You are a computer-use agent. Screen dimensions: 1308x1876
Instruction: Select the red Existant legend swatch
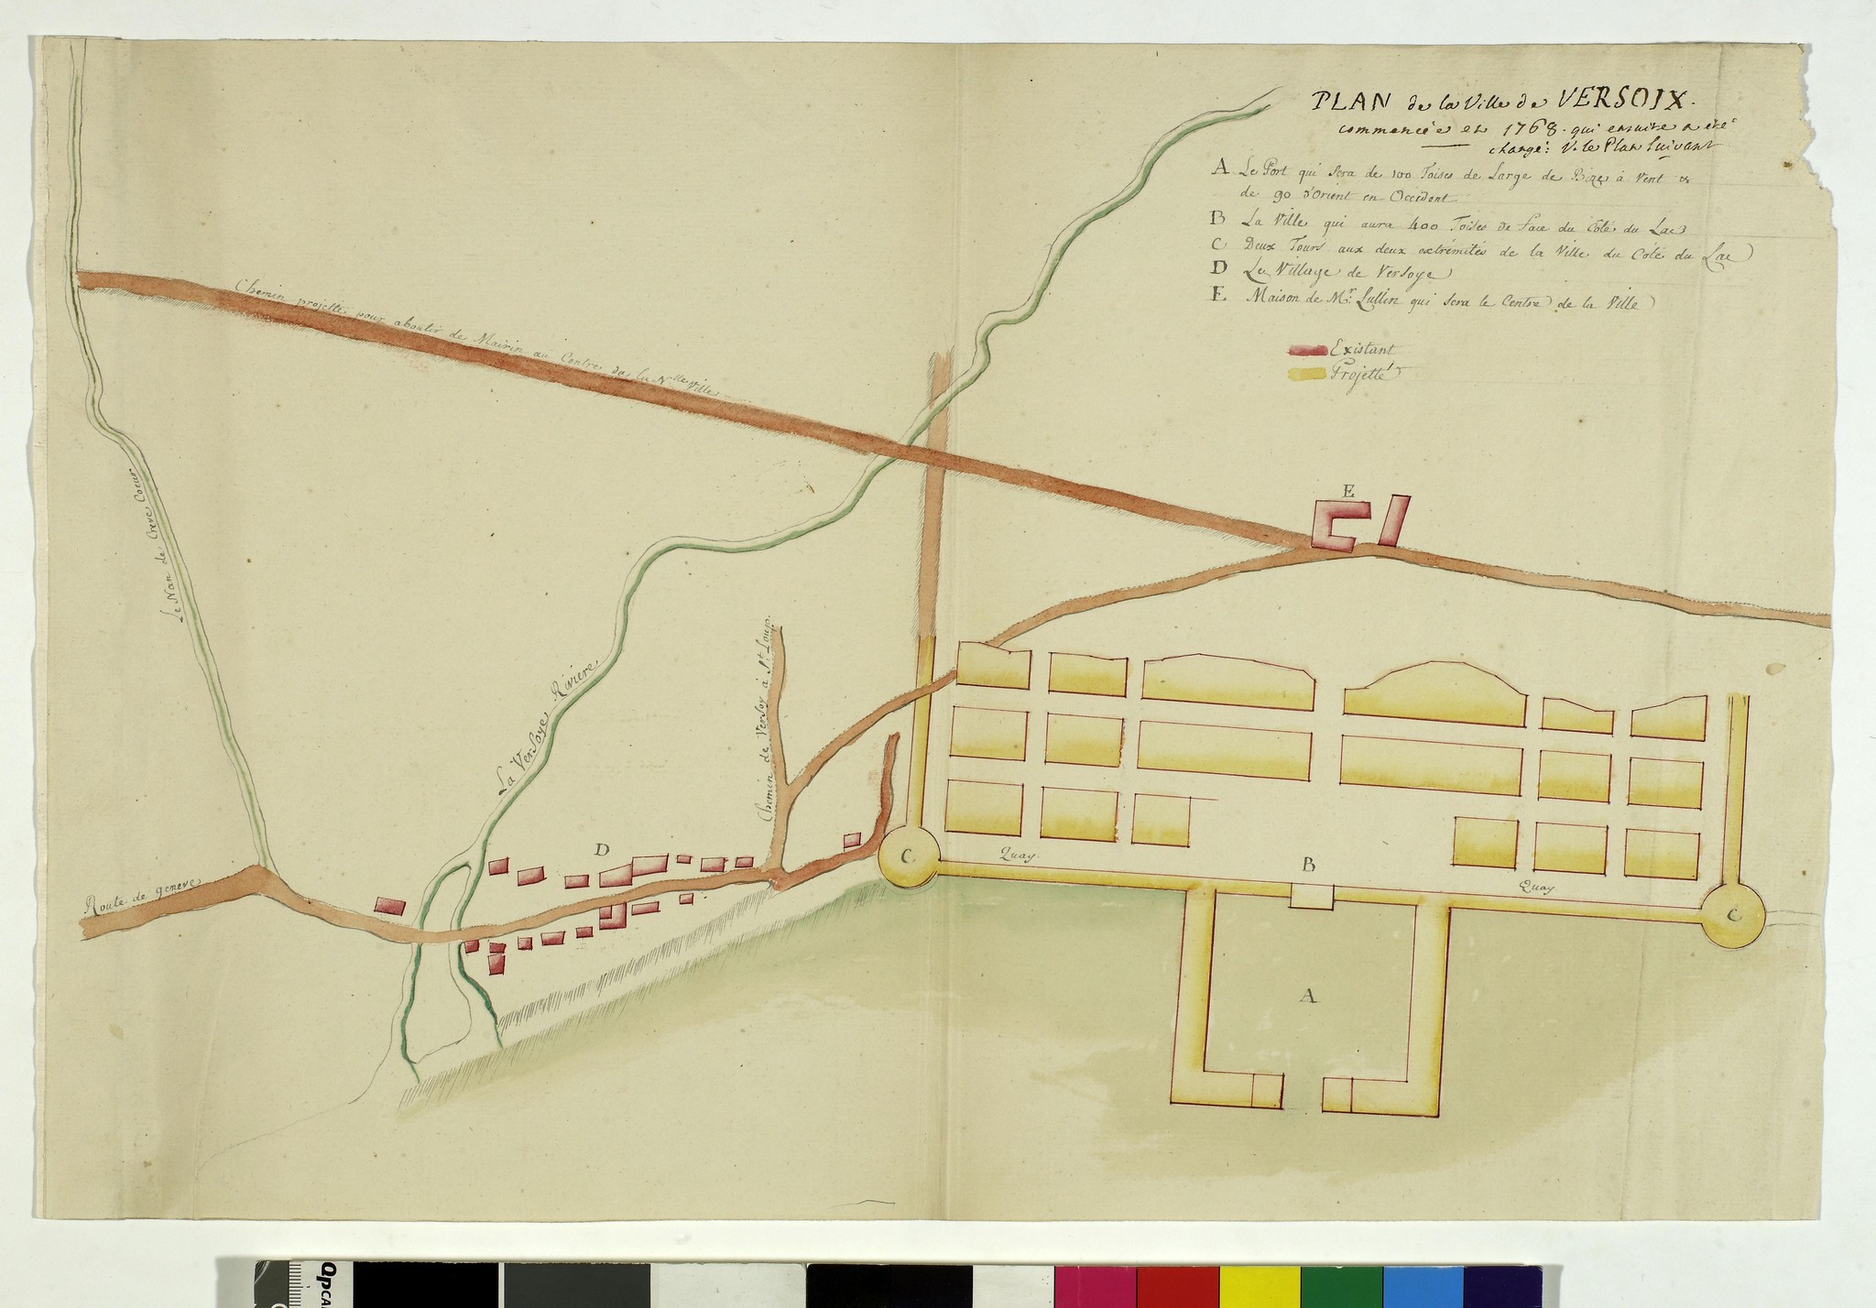pyautogui.click(x=1309, y=349)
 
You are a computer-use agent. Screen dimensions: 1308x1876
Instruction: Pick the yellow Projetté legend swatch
pyautogui.click(x=1309, y=373)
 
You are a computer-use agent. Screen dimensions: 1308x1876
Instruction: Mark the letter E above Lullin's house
pyautogui.click(x=1348, y=492)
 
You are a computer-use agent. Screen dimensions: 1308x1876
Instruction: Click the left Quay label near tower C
pyautogui.click(x=1023, y=856)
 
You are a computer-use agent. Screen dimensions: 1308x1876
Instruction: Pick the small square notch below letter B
pyautogui.click(x=1311, y=897)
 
